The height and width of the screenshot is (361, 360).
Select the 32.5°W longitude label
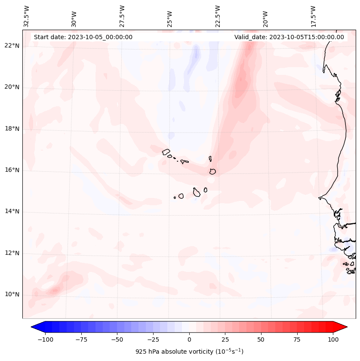tap(27, 16)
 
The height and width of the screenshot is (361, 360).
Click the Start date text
tap(83, 37)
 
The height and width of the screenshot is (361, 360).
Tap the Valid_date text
tap(289, 37)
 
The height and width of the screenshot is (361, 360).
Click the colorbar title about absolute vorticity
tap(189, 351)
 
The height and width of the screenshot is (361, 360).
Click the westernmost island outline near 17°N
tap(166, 151)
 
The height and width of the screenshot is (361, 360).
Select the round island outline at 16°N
tap(212, 171)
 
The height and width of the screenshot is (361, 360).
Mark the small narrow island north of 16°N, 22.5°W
tap(210, 159)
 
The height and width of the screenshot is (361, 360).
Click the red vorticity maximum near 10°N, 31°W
tap(54, 290)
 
